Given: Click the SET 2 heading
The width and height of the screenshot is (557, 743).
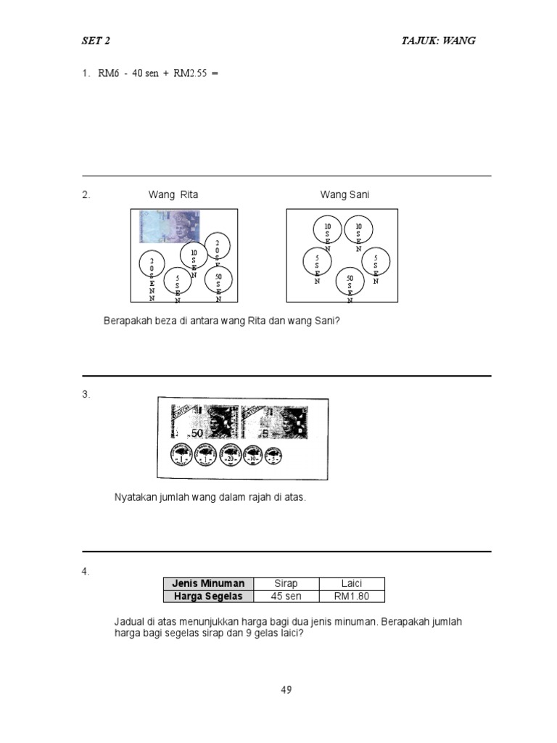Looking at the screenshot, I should point(96,41).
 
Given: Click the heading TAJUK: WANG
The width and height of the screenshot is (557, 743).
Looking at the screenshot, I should point(438,41).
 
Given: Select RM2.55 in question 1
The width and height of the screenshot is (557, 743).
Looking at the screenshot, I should point(190,73).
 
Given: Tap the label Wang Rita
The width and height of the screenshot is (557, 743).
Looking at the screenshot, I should point(173,194).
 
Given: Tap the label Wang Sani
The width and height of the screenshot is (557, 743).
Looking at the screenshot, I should point(345,194).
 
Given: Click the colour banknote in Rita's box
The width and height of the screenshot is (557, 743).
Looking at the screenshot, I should point(170,226).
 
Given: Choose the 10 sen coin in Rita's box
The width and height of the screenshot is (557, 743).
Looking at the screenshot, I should point(194,255).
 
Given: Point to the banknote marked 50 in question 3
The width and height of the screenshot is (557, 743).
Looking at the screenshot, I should point(204,422).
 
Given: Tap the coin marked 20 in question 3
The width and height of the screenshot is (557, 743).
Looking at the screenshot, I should point(229,456).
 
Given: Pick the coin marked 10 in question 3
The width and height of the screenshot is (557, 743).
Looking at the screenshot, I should point(253,456).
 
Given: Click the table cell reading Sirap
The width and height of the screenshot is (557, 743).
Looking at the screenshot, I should point(286,583).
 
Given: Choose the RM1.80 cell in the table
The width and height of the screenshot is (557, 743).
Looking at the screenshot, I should point(352,596).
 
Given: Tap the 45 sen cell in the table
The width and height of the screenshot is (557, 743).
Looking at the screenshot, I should point(286,596).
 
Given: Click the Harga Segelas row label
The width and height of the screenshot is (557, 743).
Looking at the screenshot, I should point(208,596).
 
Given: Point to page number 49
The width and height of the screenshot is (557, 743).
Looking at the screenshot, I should point(286,690).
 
